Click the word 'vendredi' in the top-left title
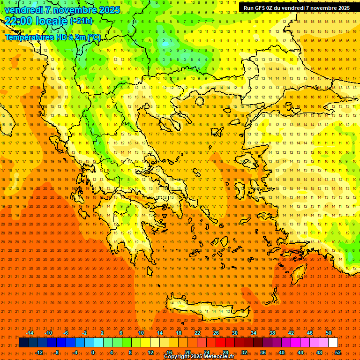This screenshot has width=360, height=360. pos(22,10)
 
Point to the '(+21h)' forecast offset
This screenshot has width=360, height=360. pos(81,21)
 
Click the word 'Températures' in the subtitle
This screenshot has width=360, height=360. pos(28,37)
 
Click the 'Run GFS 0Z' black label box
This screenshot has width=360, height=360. pos(297,8)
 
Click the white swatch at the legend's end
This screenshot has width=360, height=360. pos(333,343)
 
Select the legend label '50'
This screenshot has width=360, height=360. pos(329,333)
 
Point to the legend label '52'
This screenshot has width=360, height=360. pos(338,352)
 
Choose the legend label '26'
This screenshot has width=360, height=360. pos(216,333)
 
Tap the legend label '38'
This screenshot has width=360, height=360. pos(272,333)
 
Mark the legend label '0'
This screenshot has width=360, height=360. pos(93,352)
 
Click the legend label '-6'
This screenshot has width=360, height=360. pos(66,333)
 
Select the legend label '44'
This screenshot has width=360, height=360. pos(300,352)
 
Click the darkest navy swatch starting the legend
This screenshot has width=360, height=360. pos(23,343)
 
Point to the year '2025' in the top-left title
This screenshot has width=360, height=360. pos(109,10)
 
